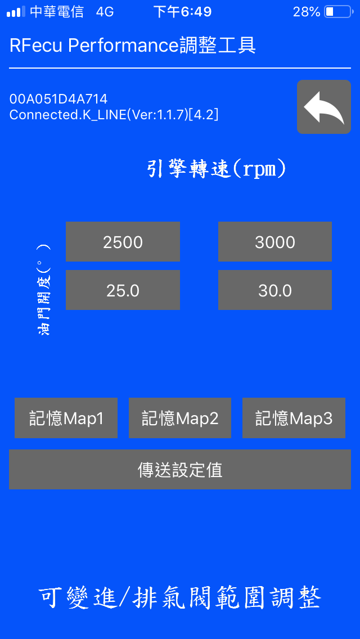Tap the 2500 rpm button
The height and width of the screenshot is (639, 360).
[x=123, y=242]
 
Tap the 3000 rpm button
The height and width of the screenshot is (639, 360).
[x=275, y=242]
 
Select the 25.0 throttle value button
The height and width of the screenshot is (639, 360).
[x=123, y=290]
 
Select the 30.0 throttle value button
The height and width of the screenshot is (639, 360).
[x=275, y=290]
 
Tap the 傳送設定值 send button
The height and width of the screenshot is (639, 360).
[x=180, y=470]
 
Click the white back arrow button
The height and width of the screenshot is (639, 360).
[x=323, y=107]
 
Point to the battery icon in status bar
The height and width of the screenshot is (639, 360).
[x=339, y=12]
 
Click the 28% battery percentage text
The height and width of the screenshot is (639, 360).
[x=307, y=12]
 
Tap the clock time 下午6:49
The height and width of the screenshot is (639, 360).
[x=182, y=12]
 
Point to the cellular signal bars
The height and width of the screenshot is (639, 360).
[x=16, y=12]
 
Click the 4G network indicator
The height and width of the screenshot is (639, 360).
[x=105, y=12]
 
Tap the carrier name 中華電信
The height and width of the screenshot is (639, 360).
[x=57, y=12]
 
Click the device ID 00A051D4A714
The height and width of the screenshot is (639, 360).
[x=58, y=99]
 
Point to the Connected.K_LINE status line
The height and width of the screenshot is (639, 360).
[x=114, y=115]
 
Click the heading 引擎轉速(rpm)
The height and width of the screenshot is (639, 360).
[x=216, y=169]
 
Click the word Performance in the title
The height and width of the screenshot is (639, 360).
[x=124, y=46]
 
